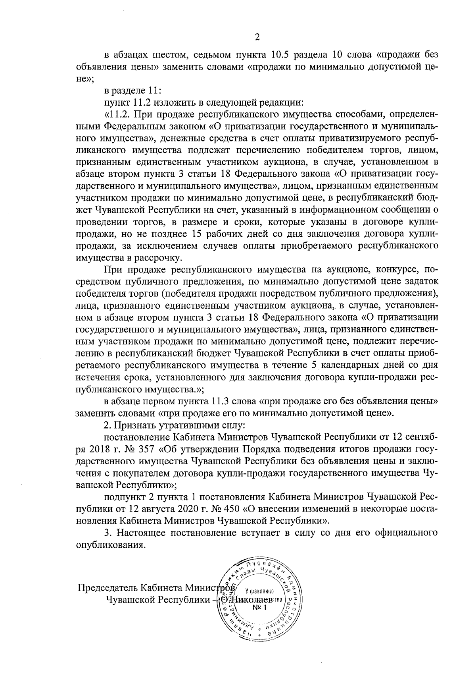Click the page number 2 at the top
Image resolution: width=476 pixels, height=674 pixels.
coord(257,37)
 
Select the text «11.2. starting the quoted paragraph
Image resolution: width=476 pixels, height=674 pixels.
coord(118,115)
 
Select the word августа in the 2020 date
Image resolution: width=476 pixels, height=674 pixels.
coord(156,508)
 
